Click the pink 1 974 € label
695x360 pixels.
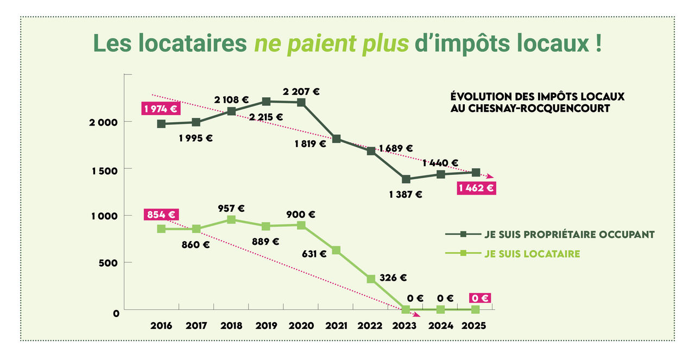tap(161, 109)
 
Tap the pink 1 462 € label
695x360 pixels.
tap(476, 188)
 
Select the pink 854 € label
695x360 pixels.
tap(161, 214)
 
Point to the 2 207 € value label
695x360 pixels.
tap(301, 92)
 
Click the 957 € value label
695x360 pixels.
tap(231, 208)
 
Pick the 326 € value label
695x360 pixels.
tap(393, 277)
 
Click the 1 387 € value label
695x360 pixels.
tap(406, 194)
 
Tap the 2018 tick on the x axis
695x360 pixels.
tap(231, 326)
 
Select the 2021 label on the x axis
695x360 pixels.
tap(336, 326)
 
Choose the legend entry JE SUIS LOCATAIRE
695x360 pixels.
tap(532, 254)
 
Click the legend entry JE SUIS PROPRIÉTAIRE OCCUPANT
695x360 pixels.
tap(569, 235)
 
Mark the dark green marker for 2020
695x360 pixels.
tap(301, 103)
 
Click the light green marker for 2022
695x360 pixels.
tap(371, 279)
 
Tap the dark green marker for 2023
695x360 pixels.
tap(406, 179)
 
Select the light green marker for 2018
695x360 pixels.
tap(231, 220)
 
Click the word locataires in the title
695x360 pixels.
tap(191, 43)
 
